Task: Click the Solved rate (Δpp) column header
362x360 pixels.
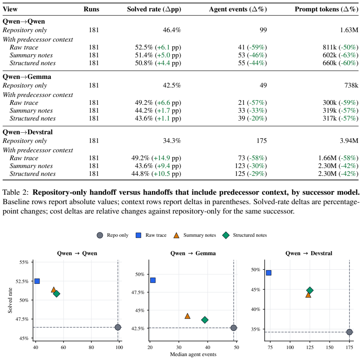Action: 154,9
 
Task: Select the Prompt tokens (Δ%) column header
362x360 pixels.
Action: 326,9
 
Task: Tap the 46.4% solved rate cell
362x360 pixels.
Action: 172,30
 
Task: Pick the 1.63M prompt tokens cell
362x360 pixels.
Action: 349,30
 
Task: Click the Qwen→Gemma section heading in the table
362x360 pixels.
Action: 27,77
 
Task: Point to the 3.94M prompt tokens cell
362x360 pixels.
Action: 349,141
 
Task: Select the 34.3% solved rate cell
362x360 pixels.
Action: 172,141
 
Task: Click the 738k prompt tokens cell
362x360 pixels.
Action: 351,86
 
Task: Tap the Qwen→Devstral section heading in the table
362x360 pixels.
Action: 28,132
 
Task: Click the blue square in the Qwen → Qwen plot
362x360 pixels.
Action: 37,281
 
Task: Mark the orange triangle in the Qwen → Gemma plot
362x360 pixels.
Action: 187,316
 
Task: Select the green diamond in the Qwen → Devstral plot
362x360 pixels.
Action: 310,291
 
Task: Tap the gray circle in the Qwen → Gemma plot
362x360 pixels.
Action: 234,328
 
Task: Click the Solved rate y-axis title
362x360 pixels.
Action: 10,300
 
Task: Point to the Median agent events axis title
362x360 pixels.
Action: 193,355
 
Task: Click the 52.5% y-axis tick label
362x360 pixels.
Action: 22,281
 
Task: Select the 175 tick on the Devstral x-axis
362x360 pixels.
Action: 349,347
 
